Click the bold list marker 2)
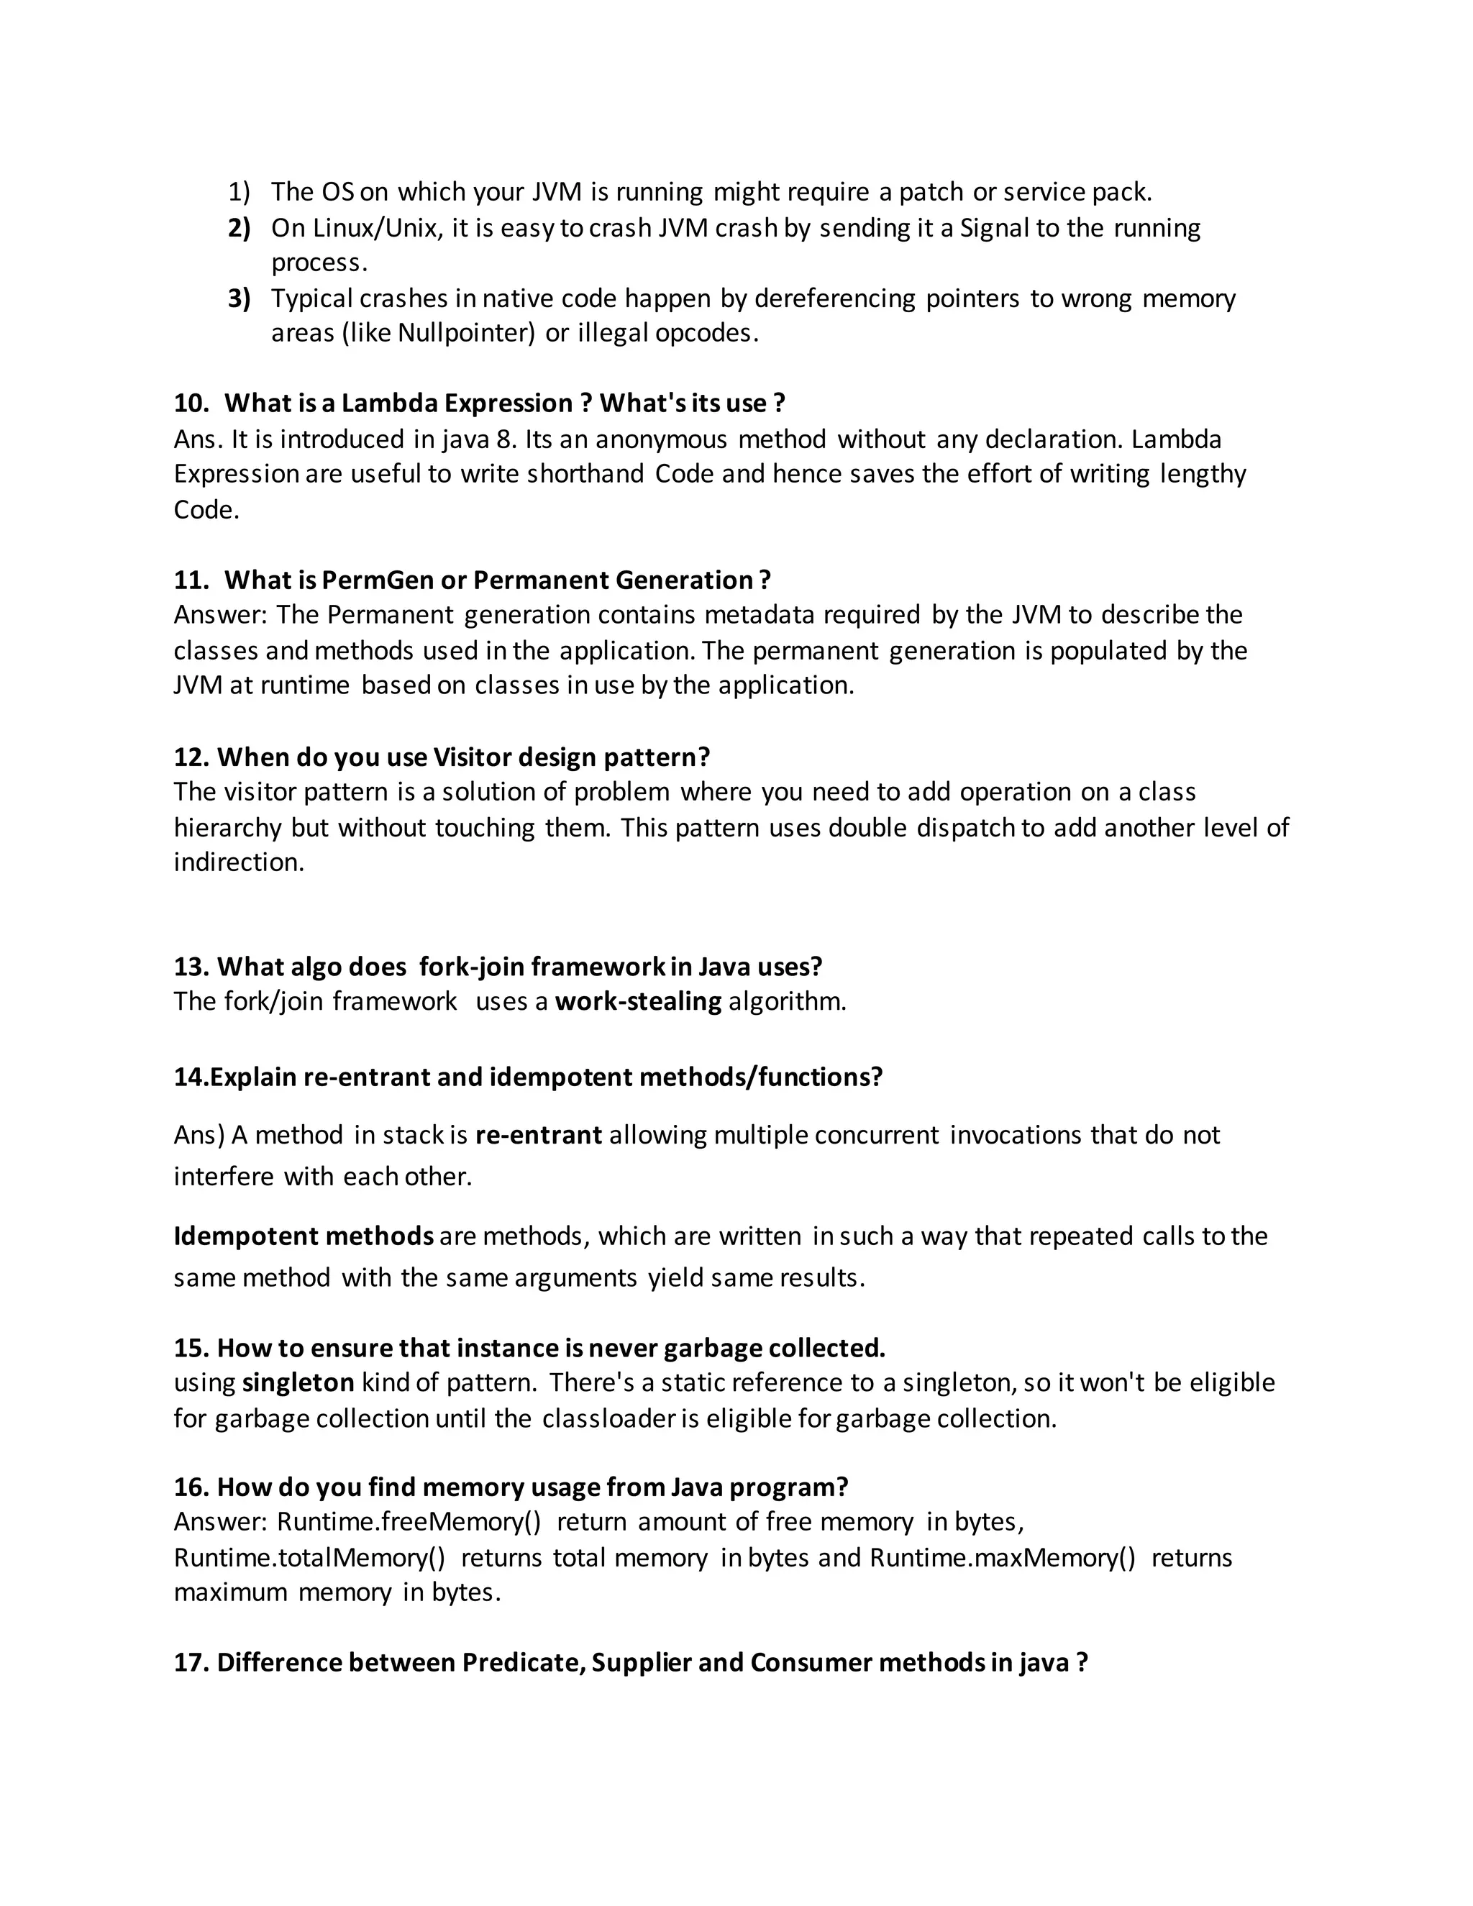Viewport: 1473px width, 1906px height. click(x=238, y=229)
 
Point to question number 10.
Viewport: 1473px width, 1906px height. click(x=191, y=403)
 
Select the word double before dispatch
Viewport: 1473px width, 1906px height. click(x=867, y=827)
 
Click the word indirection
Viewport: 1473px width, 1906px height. click(x=238, y=862)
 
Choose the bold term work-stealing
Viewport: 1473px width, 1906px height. click(x=638, y=1001)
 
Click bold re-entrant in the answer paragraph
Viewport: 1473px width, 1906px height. click(x=539, y=1136)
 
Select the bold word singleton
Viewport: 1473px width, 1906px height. click(x=298, y=1383)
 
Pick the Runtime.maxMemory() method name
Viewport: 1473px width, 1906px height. click(x=1003, y=1558)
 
